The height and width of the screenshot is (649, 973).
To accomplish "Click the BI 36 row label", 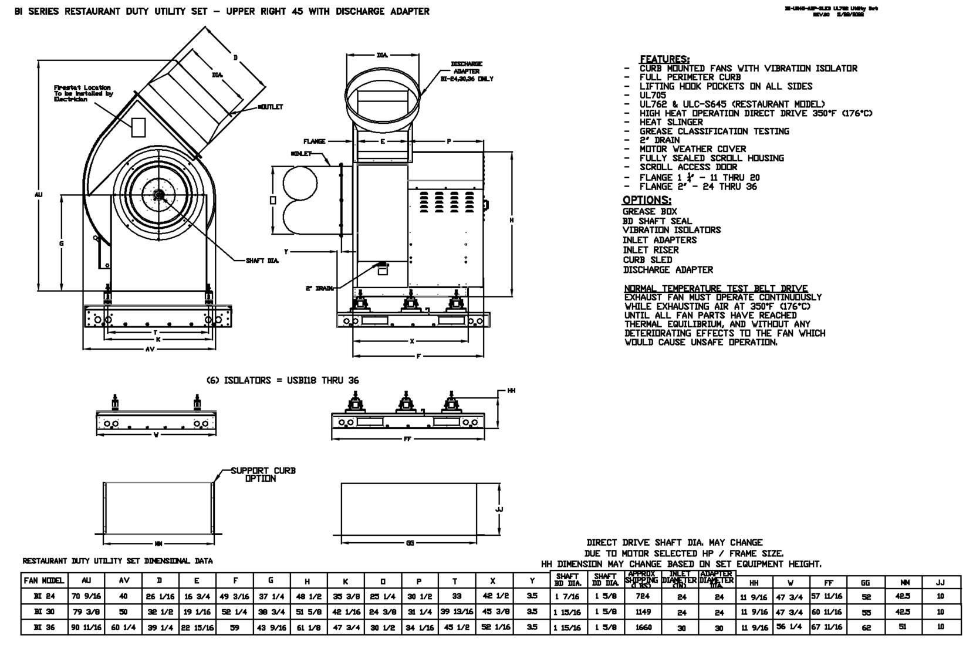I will point(44,627).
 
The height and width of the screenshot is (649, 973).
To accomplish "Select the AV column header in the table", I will point(124,581).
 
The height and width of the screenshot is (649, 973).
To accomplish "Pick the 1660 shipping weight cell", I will point(643,627).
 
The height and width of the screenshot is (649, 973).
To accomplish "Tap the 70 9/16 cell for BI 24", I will point(86,596).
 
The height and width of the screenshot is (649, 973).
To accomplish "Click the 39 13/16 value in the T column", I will point(455,612).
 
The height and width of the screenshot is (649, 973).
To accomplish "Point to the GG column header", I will point(865,583).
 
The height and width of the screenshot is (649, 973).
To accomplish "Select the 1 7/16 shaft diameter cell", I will point(567,596).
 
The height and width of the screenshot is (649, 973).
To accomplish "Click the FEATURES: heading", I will point(664,59).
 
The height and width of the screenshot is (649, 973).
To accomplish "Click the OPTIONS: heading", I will point(647,200).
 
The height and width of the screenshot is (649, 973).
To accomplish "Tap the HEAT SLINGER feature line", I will point(671,122).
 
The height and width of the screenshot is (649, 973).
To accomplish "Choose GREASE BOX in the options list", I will point(650,211).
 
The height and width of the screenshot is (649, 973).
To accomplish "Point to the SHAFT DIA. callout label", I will point(262,261).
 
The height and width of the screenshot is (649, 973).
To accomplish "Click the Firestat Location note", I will point(83,93).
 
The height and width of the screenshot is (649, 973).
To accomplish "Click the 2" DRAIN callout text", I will point(319,288).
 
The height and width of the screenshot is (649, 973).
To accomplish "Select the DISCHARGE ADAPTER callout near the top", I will point(467,71).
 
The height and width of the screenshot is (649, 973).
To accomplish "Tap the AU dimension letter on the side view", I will point(39,195).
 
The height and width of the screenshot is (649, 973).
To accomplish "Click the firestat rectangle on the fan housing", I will point(138,127).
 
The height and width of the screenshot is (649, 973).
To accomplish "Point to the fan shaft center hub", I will point(157,195).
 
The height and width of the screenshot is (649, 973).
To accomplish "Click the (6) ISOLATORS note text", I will point(282,380).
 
